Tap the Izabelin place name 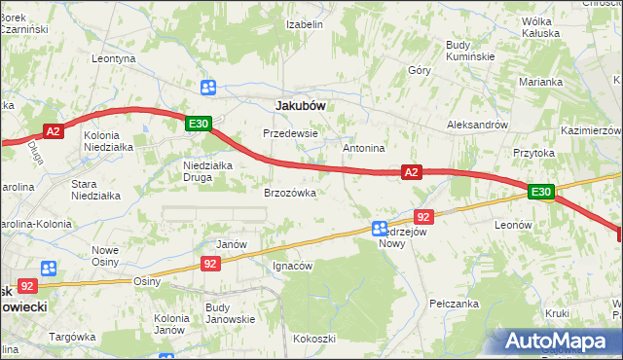point(304,24)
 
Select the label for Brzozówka point(290,193)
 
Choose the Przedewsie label point(291,132)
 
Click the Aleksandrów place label point(477,125)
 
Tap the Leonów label point(513,224)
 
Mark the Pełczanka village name point(454,304)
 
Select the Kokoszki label point(313,339)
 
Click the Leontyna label point(113,58)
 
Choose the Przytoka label point(533,153)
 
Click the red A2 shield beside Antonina point(411,172)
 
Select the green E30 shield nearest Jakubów point(199,124)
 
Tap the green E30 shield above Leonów point(541,193)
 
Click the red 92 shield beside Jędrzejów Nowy point(422,217)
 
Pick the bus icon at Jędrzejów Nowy point(381,229)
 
